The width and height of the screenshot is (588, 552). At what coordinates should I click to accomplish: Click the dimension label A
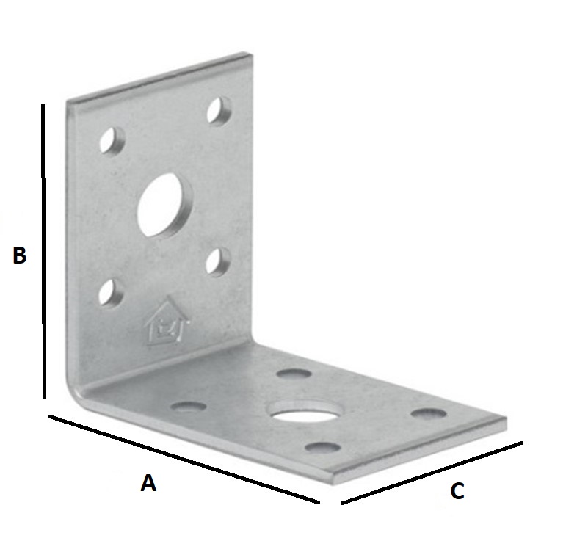pyautogui.click(x=148, y=483)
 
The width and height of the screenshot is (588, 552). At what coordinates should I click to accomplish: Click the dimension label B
pyautogui.click(x=20, y=255)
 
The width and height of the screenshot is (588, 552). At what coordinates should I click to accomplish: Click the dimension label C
pyautogui.click(x=457, y=491)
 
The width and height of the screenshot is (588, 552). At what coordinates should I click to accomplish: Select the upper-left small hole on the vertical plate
pyautogui.click(x=112, y=139)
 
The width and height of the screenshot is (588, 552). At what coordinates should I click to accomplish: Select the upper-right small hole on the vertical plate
pyautogui.click(x=218, y=111)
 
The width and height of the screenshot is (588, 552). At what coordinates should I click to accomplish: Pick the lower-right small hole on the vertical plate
pyautogui.click(x=218, y=261)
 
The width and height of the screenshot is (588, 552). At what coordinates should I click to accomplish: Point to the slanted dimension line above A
pyautogui.click(x=184, y=460)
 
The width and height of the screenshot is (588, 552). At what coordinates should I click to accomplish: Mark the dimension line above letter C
pyautogui.click(x=432, y=473)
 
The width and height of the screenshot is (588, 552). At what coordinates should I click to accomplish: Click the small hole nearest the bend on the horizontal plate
pyautogui.click(x=188, y=404)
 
